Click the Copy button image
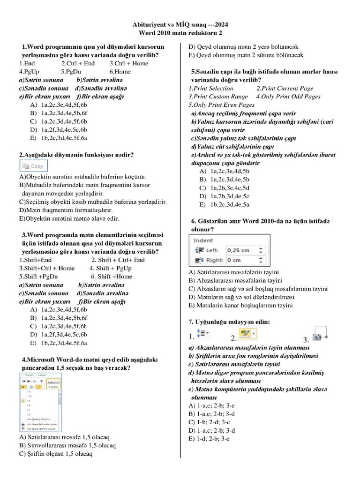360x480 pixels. pyautogui.click(x=33, y=165)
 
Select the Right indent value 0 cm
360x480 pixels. pyautogui.click(x=234, y=260)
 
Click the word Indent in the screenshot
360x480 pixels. pyautogui.click(x=203, y=240)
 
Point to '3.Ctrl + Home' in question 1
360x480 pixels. pyautogui.click(x=129, y=63)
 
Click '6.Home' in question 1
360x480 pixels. pyautogui.click(x=120, y=72)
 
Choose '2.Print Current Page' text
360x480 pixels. pyautogui.click(x=285, y=88)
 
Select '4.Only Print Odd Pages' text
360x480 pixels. pyautogui.click(x=288, y=97)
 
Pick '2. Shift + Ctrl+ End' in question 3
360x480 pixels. pyautogui.click(x=118, y=260)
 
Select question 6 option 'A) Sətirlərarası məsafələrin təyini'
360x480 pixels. pyautogui.click(x=234, y=272)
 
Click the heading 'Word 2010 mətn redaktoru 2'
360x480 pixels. pyautogui.click(x=180, y=33)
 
